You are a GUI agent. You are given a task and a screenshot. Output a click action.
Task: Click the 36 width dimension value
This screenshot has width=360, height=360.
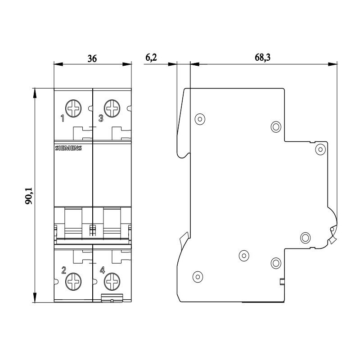coord(92,59)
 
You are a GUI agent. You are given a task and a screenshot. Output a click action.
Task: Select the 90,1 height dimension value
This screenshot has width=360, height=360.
coord(29,196)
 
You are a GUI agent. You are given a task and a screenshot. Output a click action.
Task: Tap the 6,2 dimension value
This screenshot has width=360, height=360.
coord(151,58)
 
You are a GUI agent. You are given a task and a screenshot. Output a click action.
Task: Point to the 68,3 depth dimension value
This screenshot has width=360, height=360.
coord(262,58)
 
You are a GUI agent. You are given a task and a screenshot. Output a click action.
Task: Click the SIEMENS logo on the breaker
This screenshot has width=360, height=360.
coord(68,148)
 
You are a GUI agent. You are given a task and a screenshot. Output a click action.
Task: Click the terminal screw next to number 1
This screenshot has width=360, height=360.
coord(73,108)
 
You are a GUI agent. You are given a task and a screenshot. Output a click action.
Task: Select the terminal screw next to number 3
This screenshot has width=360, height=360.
coord(112,108)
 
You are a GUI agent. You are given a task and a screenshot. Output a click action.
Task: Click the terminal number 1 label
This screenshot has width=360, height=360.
coord(63,118)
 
